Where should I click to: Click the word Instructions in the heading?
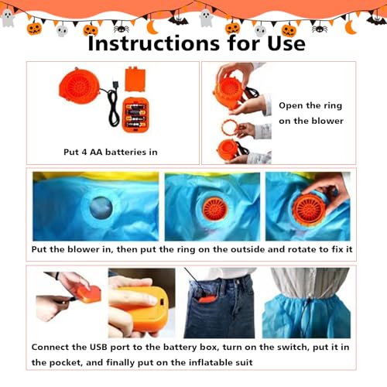point(154,43)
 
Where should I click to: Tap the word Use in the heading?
point(286,43)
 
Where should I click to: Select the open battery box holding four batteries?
point(135,115)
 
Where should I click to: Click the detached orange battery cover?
point(135,79)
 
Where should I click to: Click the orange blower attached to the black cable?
point(79,85)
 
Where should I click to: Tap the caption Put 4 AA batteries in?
point(111,152)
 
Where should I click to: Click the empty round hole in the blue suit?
point(101,208)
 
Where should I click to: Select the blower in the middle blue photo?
point(215,209)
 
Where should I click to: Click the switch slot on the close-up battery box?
point(163,301)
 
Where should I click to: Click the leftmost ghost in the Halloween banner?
point(8,18)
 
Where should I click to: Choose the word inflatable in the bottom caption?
point(207,362)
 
